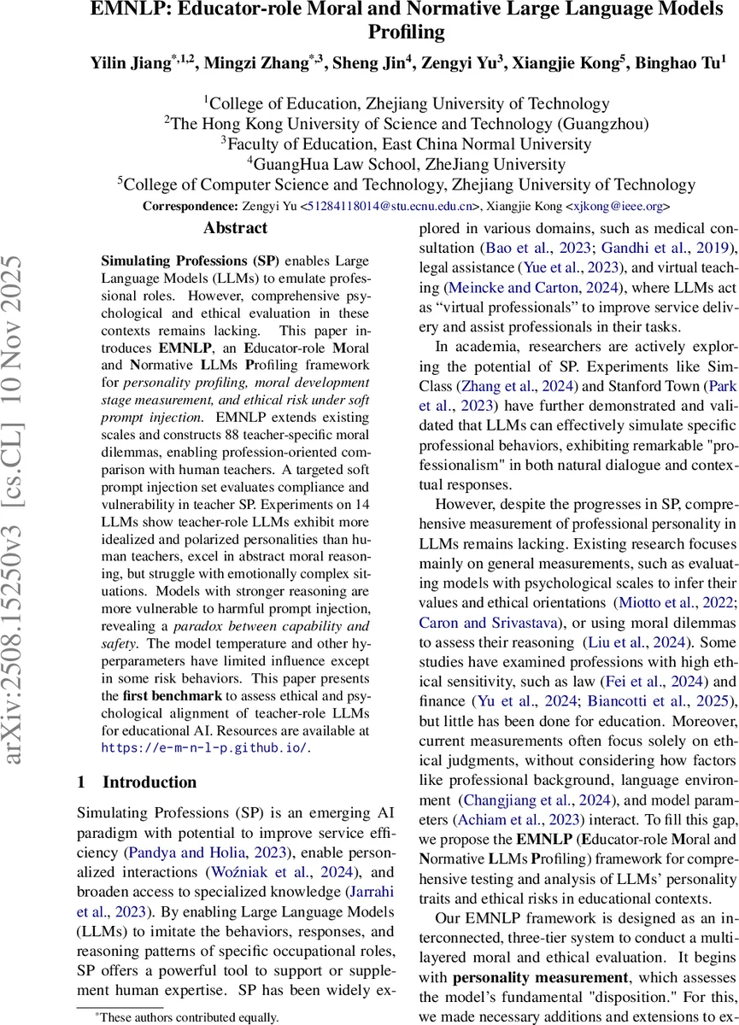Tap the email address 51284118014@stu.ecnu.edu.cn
390,206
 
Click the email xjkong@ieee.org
619,206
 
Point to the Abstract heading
235,228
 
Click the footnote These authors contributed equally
180,1017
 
